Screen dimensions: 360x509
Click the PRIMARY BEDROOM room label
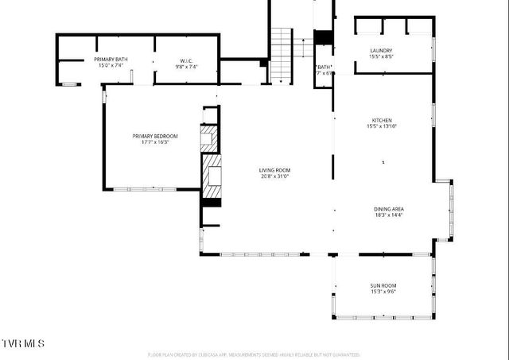(x=155, y=136)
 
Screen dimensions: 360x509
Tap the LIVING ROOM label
(x=274, y=170)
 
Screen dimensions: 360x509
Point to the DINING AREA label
(x=389, y=209)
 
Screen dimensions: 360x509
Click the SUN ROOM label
(x=383, y=285)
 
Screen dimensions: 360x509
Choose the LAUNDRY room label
(x=381, y=51)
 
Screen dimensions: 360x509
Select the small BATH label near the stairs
(x=324, y=68)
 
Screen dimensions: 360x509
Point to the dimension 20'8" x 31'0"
(x=274, y=176)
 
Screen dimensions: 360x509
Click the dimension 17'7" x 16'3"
(x=155, y=142)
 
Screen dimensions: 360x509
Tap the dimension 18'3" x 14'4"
(x=389, y=215)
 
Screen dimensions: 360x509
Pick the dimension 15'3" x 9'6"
(x=383, y=292)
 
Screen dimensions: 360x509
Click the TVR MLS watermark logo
(x=23, y=343)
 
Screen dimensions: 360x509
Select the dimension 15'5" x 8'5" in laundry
(x=381, y=57)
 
